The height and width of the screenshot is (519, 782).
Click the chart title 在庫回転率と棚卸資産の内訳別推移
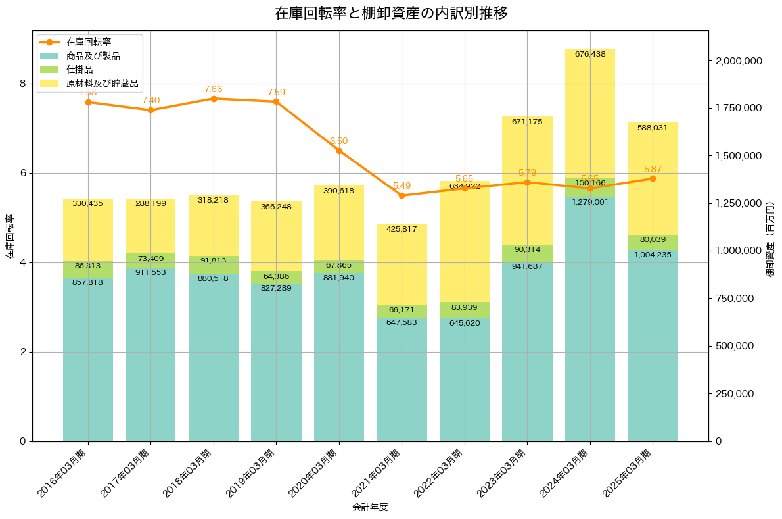point(391,13)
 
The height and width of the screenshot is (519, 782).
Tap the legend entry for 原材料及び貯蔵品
point(102,84)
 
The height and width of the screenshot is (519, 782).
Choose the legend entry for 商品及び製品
point(93,56)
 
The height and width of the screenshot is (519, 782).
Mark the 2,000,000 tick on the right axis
point(738,61)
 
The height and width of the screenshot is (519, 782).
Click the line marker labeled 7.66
point(214,99)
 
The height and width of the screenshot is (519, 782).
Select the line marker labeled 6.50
point(339,151)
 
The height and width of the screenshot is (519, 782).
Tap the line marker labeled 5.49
point(402,195)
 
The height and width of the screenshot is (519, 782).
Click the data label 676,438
point(589,54)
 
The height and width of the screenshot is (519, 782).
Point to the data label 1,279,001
point(589,202)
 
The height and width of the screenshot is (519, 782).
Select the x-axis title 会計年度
point(370,507)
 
